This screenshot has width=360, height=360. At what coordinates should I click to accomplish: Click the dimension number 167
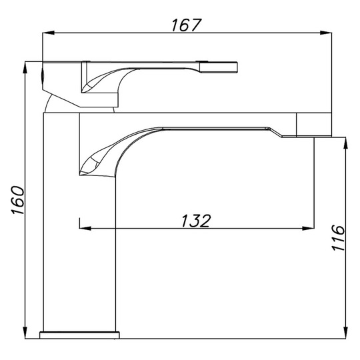click(187, 25)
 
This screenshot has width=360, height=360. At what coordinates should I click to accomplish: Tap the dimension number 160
click(18, 201)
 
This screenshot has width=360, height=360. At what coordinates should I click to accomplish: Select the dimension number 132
click(195, 221)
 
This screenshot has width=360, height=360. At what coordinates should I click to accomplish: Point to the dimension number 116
click(338, 237)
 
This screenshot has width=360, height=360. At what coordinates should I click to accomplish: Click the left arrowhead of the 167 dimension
click(48, 33)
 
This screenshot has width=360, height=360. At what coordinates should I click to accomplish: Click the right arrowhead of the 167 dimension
click(326, 33)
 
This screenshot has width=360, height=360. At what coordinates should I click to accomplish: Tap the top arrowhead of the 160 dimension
click(25, 67)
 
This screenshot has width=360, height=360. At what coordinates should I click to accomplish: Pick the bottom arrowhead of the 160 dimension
click(25, 333)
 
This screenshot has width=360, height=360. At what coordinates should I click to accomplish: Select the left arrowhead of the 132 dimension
click(85, 228)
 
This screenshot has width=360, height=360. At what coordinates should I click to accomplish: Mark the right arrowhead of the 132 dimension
click(308, 228)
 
